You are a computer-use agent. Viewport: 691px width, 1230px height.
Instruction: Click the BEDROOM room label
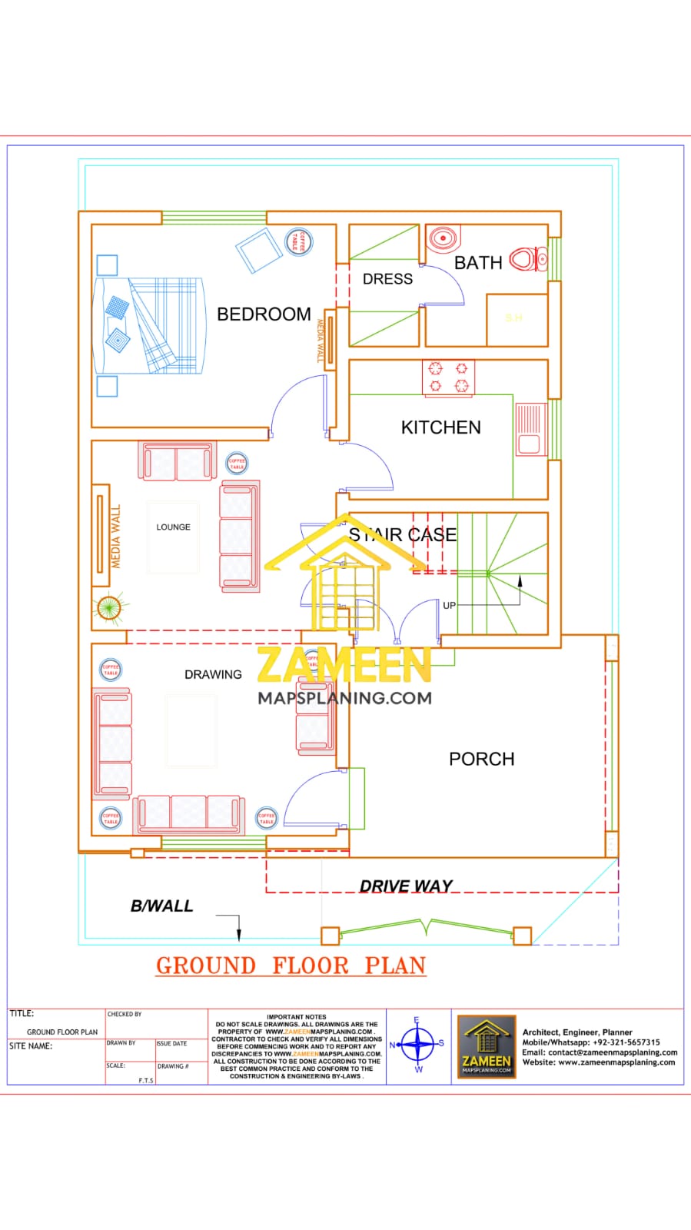click(x=264, y=314)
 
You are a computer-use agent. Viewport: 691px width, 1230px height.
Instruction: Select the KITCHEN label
click(x=440, y=427)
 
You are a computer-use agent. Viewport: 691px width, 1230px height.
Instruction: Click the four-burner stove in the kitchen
click(x=448, y=377)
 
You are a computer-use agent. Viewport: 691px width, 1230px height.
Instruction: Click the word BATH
click(x=477, y=263)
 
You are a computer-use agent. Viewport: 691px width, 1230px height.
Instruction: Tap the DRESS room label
click(x=387, y=279)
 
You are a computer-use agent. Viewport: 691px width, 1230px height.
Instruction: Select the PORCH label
click(x=481, y=759)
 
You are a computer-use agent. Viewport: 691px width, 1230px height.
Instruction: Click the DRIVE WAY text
click(x=406, y=886)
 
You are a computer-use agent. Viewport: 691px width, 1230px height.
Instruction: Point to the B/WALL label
click(x=161, y=906)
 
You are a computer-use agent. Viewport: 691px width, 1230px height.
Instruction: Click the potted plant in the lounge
click(x=108, y=608)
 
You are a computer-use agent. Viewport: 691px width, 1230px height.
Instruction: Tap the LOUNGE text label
click(x=173, y=527)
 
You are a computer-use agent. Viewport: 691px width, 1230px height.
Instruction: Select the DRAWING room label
click(x=213, y=674)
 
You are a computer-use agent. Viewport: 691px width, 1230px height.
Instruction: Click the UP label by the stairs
click(x=449, y=605)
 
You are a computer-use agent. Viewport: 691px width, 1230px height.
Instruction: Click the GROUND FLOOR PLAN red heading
click(x=291, y=966)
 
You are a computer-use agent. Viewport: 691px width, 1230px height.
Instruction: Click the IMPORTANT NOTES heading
click(x=296, y=1016)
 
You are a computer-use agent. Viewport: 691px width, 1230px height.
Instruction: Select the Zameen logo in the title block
click(x=487, y=1046)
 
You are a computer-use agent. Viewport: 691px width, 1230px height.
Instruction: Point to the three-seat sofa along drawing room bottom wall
click(x=189, y=813)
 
